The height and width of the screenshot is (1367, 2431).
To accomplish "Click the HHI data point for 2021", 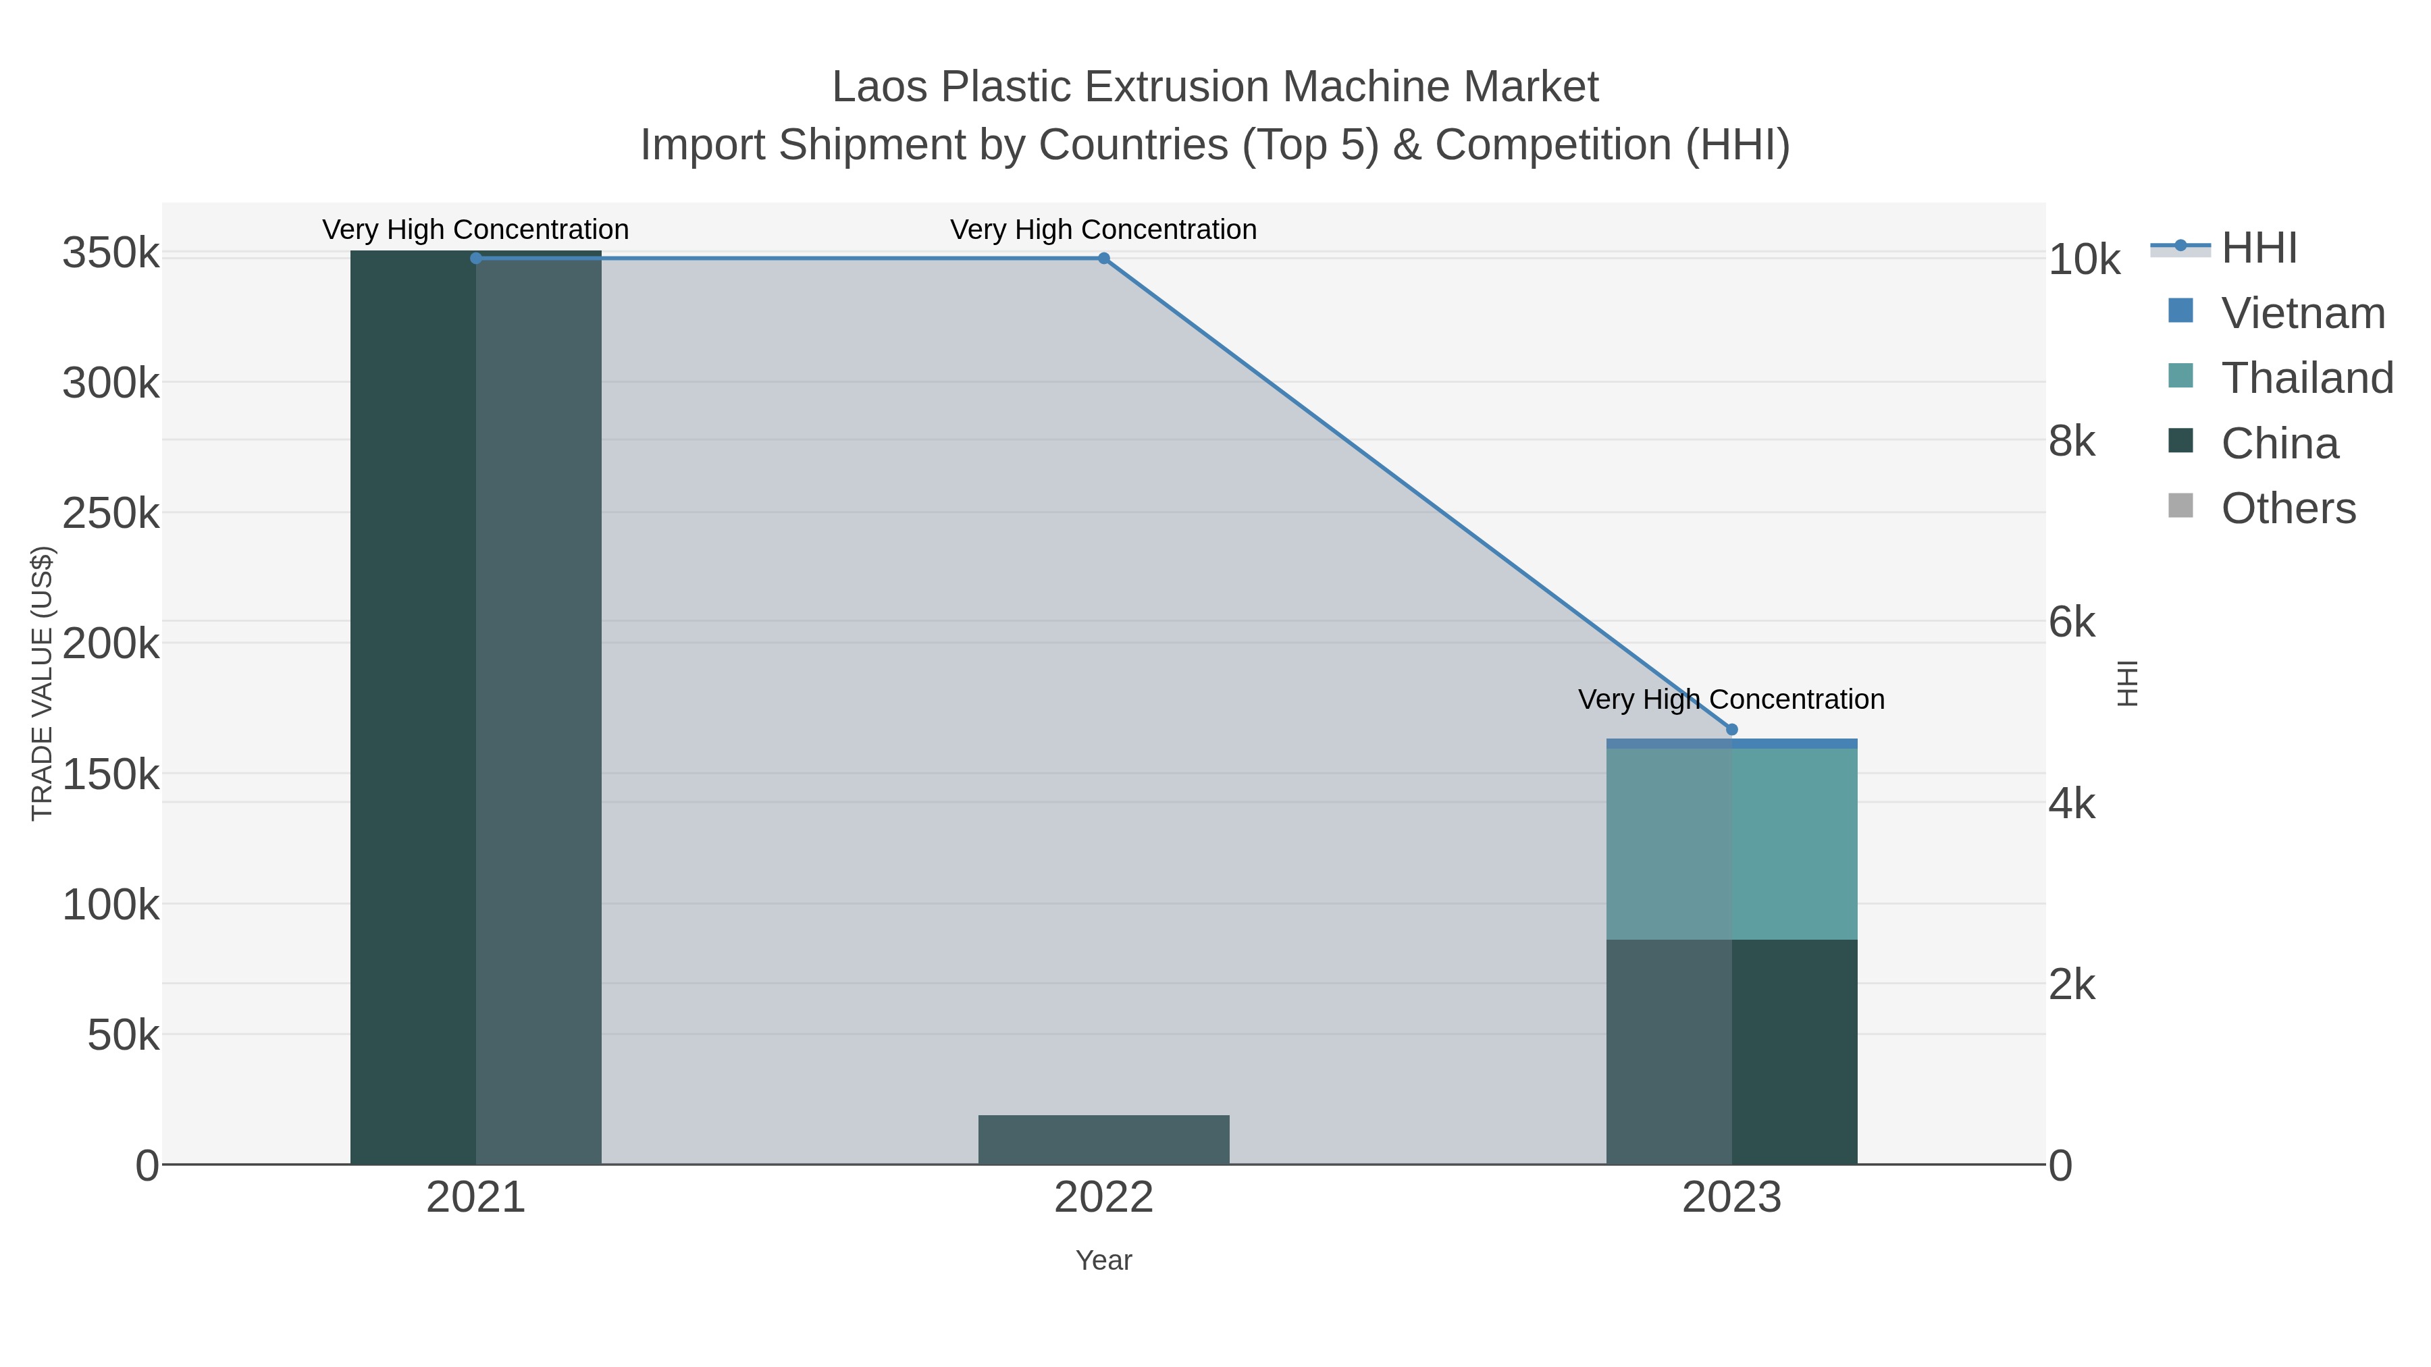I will [475, 258].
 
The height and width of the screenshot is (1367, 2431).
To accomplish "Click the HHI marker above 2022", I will [1103, 258].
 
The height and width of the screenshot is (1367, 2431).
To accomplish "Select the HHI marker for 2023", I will [1731, 729].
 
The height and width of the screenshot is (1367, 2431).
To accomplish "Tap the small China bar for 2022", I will [1103, 1139].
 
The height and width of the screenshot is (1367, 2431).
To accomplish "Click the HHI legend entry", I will [2258, 248].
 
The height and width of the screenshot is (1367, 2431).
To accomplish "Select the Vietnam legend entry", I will [2303, 313].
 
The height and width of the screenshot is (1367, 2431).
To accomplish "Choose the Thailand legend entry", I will [2307, 378].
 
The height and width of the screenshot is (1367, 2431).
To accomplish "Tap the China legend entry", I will [2279, 444].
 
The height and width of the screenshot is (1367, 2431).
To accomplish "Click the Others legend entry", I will [2288, 508].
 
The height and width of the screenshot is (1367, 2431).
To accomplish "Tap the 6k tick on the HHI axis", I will [2072, 622].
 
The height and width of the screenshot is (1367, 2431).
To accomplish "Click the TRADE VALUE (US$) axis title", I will [43, 683].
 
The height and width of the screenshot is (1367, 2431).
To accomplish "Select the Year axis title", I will [1103, 1260].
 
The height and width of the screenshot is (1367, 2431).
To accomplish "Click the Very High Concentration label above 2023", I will [1731, 700].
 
